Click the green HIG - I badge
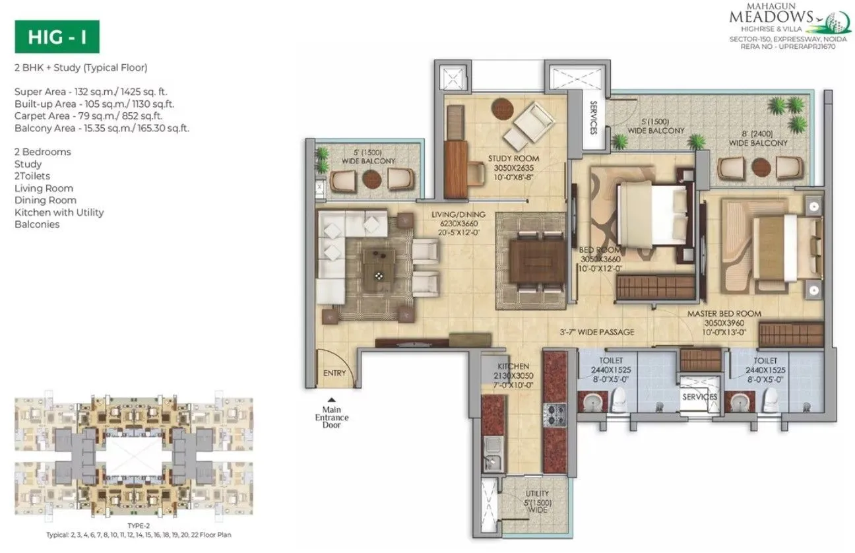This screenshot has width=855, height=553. coord(57,38)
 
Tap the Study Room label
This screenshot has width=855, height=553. coord(513,158)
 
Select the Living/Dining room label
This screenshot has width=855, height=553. coord(459,214)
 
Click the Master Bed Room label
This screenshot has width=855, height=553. coord(724,313)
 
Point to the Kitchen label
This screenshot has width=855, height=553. coord(513,366)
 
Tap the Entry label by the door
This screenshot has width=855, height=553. coord(334,374)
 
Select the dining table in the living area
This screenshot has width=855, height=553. coord(532,260)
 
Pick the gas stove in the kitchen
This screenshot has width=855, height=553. coord(555,414)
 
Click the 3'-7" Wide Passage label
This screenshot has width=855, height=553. coord(596,332)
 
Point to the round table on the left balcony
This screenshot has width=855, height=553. coord(371,179)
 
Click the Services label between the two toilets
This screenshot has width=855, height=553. coord(699,397)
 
